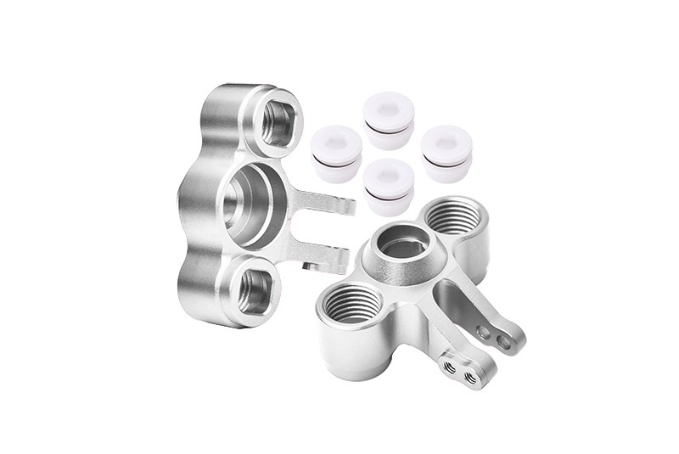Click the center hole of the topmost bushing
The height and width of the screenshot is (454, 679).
tap(389, 109)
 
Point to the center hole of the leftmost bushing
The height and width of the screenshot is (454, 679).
tap(332, 140)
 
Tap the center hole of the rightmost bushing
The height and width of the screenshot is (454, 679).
tap(446, 139)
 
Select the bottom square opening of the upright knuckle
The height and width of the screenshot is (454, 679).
tap(255, 289)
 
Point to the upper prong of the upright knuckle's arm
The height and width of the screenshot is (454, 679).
tap(327, 202)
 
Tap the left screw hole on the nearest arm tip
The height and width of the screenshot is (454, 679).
tap(447, 366)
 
